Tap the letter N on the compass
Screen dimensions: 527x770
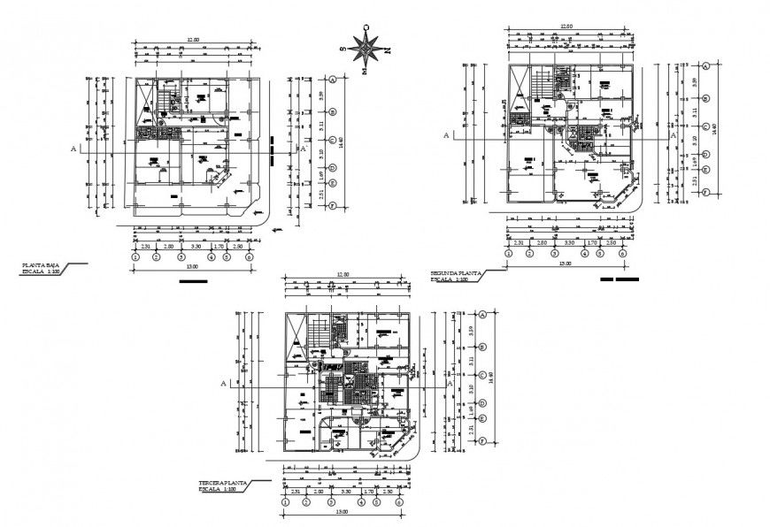tap(387, 50)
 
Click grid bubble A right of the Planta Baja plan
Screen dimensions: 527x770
tap(332, 80)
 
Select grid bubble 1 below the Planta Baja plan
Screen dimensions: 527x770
tap(135, 257)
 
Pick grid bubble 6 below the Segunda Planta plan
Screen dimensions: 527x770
tap(623, 254)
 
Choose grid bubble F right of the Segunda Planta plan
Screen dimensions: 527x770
tap(706, 191)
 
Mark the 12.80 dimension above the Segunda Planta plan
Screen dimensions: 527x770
tap(566, 27)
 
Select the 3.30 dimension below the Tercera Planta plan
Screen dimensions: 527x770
tap(349, 491)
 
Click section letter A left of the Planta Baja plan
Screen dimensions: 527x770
tap(73, 149)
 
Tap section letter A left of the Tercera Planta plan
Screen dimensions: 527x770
tap(224, 384)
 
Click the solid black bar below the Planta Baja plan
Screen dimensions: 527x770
tap(193, 282)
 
